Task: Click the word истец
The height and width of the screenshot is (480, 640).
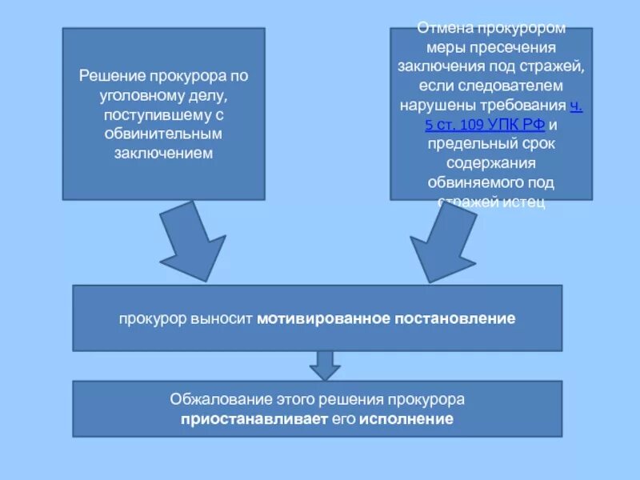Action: click(525, 202)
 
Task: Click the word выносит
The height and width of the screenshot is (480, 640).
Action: click(222, 318)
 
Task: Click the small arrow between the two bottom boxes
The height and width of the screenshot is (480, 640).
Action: click(324, 366)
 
